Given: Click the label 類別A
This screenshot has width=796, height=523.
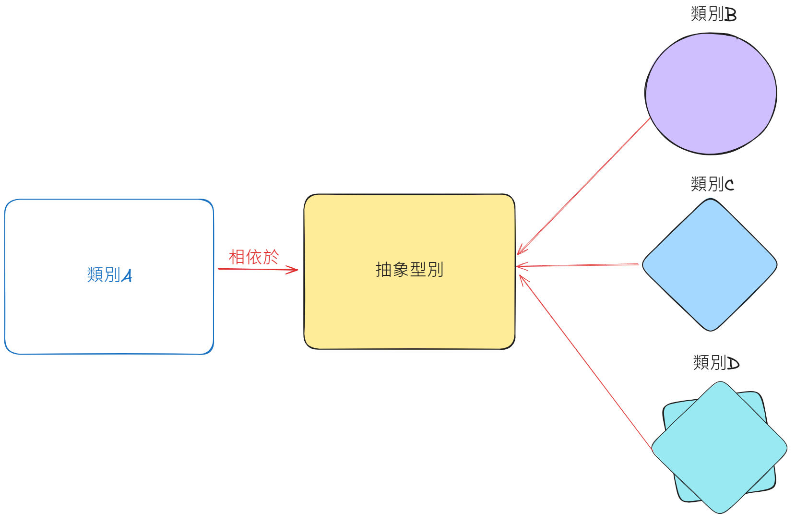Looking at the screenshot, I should coord(109,275).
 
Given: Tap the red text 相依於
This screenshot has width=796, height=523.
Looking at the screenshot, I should coord(253,257).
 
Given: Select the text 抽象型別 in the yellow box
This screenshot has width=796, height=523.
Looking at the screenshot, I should coord(409,270).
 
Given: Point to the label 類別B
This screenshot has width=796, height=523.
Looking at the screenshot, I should coord(713,14).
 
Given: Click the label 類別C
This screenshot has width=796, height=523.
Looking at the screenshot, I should coord(712,184).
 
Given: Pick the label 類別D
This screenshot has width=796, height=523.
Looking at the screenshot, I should coord(716,362).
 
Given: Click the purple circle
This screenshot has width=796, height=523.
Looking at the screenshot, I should coord(711,94).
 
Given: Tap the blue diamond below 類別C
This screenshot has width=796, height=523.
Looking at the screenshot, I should coord(710,265).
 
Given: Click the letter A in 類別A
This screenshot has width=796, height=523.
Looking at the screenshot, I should coord(127,276).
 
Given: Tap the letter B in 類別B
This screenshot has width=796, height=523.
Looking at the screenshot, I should coord(730,15).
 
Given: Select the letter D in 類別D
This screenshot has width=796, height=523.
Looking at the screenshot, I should coord(733,363).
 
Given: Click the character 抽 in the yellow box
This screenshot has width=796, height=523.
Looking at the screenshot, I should coord(384,270).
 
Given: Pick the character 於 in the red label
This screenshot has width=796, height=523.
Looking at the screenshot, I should coord(271,257).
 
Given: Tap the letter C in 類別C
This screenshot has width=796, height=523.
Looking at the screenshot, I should coord(729,185).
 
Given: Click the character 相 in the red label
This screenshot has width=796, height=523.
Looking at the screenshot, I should coord(237,257).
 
